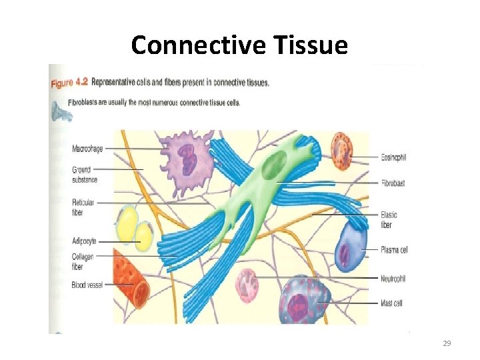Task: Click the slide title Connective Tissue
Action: [239, 45]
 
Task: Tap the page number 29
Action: [447, 343]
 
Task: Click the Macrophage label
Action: [87, 149]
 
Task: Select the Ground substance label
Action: [85, 175]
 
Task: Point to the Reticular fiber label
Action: [83, 206]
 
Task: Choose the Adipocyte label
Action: [85, 241]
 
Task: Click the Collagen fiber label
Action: [83, 261]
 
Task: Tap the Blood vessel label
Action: [87, 285]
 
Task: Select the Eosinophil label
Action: [393, 157]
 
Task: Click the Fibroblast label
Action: [393, 183]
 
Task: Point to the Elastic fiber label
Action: [389, 219]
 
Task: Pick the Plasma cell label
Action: [394, 250]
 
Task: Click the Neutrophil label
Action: [393, 278]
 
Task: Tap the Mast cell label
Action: [391, 303]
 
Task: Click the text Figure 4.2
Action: [69, 83]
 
